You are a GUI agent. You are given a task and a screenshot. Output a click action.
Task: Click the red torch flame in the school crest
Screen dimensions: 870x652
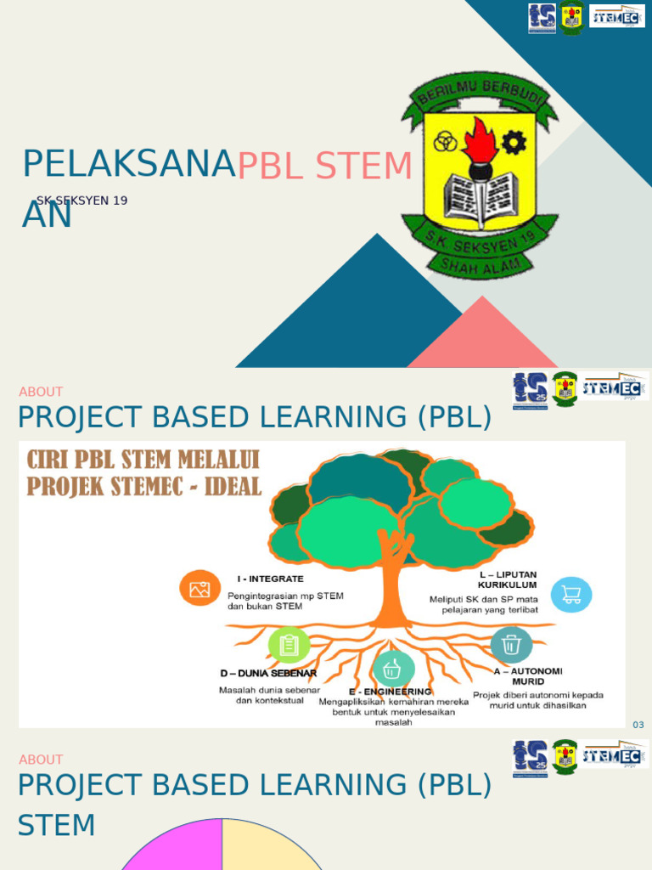(482, 140)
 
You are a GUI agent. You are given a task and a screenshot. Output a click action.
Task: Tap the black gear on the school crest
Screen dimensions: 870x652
(514, 142)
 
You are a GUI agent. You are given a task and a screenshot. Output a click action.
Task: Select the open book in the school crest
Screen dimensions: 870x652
(479, 196)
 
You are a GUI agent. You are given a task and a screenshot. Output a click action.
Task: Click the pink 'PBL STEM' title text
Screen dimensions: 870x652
(324, 167)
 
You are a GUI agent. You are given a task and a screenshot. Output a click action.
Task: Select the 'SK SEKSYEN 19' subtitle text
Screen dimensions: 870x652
(81, 201)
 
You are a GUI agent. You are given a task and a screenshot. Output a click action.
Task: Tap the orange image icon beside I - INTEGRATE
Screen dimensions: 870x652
(200, 589)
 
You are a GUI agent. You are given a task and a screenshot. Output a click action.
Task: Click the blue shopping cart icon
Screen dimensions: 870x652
(571, 595)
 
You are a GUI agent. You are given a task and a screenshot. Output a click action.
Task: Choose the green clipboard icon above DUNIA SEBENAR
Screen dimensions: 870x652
(289, 646)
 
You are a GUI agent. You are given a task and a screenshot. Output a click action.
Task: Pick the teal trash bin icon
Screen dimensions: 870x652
(511, 645)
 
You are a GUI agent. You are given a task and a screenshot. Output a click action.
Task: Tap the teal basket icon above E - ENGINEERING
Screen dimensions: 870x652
(393, 669)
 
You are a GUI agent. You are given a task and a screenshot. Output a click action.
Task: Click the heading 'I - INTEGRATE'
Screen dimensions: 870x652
(270, 579)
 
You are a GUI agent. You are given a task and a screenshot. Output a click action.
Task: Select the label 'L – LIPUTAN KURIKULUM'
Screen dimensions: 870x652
(507, 579)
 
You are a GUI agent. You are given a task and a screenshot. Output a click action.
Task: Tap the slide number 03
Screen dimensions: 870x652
(638, 725)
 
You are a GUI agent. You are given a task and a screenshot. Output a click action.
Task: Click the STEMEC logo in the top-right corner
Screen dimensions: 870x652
(617, 15)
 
